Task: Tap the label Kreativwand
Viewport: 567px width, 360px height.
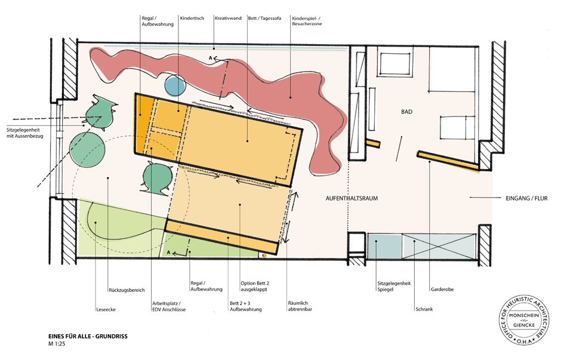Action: tap(228, 18)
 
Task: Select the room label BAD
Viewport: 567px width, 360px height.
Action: tap(406, 112)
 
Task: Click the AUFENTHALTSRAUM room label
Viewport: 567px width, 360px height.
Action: tap(352, 198)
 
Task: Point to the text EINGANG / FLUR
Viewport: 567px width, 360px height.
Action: tap(526, 198)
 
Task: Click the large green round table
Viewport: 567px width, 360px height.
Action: tap(88, 148)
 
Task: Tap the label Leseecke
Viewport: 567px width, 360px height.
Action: tap(106, 310)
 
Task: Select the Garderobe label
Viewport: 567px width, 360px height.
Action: tap(442, 290)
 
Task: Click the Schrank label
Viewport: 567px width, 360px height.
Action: tap(424, 309)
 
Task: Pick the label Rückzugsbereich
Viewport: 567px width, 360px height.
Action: tap(127, 290)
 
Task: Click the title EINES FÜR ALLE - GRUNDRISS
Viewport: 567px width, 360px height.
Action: tap(88, 336)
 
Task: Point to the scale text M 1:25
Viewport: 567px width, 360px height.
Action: tap(57, 344)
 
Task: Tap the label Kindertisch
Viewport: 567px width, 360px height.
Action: tap(192, 18)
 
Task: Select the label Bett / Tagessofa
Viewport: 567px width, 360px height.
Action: tap(264, 18)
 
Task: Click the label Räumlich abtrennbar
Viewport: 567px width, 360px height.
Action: tap(300, 306)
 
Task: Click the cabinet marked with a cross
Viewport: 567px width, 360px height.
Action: tap(439, 246)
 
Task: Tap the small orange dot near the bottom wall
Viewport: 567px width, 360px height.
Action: tap(264, 256)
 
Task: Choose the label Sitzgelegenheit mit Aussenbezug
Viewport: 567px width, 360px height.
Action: tap(24, 133)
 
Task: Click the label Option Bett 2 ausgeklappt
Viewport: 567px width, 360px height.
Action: tap(255, 286)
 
